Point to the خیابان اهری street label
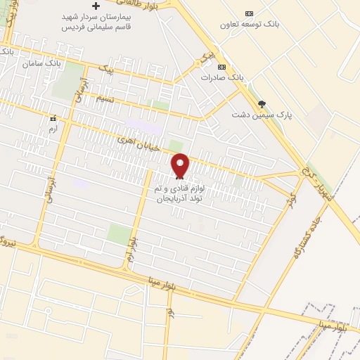(143, 148)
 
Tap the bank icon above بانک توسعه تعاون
(248, 13)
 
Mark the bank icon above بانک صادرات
(221, 67)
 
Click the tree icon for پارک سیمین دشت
(262, 103)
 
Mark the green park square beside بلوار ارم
(119, 234)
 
